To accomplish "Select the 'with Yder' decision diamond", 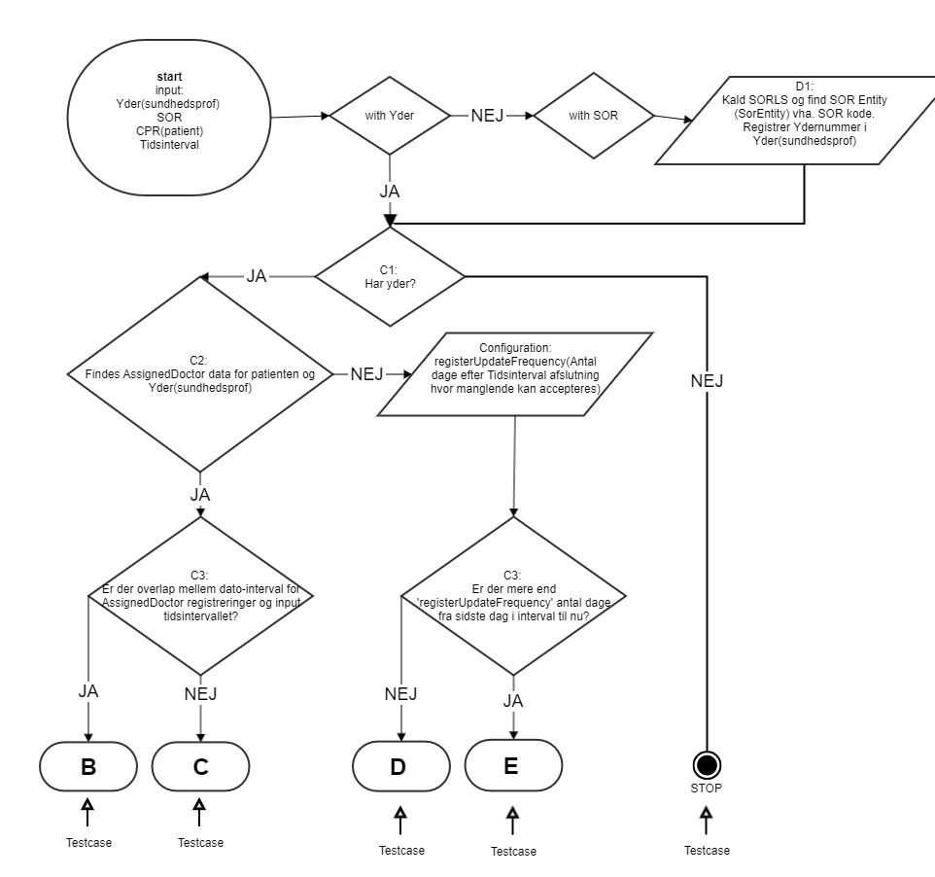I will click(x=390, y=116).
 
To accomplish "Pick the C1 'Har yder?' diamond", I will click(x=390, y=278).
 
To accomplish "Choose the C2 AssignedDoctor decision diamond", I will click(x=201, y=373).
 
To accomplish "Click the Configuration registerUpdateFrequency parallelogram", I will click(x=514, y=373).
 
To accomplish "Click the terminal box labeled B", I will click(x=88, y=766).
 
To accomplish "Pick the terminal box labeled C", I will click(x=200, y=766).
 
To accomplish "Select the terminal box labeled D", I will click(x=398, y=766).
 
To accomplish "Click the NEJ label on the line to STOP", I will click(x=707, y=382).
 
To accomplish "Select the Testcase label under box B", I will click(x=88, y=842).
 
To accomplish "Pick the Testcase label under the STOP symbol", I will click(x=707, y=850).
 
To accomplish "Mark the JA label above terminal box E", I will click(x=514, y=699).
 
